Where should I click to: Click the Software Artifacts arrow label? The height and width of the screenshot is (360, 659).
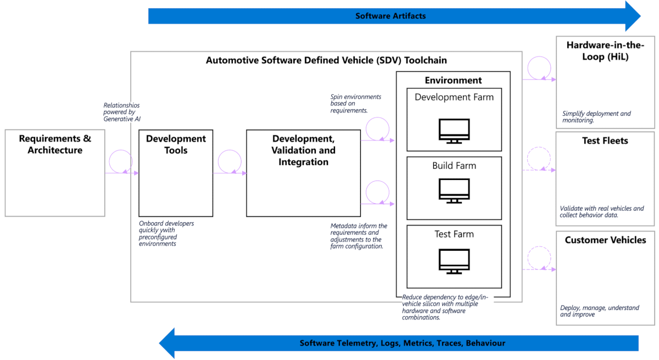[x=390, y=16]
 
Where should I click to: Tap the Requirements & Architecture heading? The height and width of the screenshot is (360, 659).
[x=55, y=144]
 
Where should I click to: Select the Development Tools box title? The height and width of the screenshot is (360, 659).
[x=176, y=144]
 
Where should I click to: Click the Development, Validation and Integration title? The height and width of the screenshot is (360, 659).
[x=303, y=150]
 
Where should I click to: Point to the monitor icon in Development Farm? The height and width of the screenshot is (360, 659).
[x=454, y=131]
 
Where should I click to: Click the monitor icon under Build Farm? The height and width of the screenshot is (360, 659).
[x=454, y=190]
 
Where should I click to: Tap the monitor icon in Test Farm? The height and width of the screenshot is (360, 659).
[x=454, y=261]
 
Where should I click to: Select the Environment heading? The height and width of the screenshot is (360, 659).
[x=453, y=80]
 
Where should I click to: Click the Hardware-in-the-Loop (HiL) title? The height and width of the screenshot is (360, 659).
[x=605, y=50]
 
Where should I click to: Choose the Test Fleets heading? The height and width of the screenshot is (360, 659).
[x=605, y=141]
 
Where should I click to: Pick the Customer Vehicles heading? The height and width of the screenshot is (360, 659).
[x=605, y=240]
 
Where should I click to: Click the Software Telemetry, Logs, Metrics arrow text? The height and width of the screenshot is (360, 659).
[x=402, y=343]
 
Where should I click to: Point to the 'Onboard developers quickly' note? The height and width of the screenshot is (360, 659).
[x=166, y=233]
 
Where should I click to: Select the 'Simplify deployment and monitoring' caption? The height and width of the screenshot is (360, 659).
[x=596, y=117]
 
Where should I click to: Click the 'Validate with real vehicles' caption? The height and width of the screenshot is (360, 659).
[x=601, y=212]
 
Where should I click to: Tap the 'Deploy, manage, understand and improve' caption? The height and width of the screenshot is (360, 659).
[x=599, y=311]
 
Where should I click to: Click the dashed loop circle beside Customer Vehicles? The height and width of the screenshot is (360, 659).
[x=538, y=258]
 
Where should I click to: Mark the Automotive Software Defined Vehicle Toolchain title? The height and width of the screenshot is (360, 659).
[x=326, y=60]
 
